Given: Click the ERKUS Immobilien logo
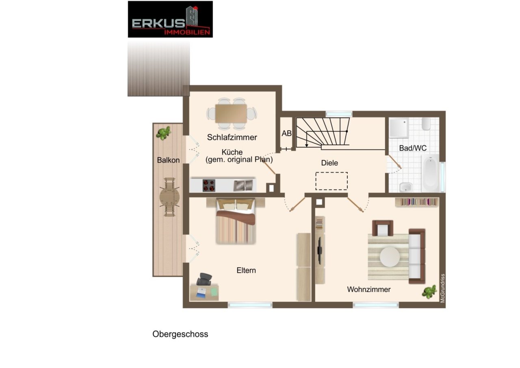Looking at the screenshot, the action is coord(170,19).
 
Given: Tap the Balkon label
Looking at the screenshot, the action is coord(168,160).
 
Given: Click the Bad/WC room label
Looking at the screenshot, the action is coord(413,148).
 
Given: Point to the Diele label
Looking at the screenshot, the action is coord(329,163).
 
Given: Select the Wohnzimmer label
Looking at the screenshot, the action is coord(368,290).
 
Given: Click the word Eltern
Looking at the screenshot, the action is coord(246,270).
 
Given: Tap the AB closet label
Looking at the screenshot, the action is coord(286,133).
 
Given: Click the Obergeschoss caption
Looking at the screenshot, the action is coord(180,334).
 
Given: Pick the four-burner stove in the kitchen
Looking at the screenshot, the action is coord(209,185).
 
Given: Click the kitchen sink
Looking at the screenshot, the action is coord(243,185).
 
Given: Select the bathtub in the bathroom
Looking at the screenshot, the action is coord(430,173).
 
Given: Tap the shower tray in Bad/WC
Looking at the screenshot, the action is coord(399,128).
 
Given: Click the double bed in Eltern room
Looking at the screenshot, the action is coord(236,221).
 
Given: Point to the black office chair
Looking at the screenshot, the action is coord(204,279).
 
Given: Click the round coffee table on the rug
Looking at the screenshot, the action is coord(390,257).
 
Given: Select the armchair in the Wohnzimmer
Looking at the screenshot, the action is coord(383,228).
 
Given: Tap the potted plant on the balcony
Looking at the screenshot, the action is coord(164,133).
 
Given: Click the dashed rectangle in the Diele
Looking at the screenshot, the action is coord(331,181).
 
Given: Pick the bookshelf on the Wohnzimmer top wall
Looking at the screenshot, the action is coord(417,202).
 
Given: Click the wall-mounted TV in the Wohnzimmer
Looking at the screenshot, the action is coord(320,250).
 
